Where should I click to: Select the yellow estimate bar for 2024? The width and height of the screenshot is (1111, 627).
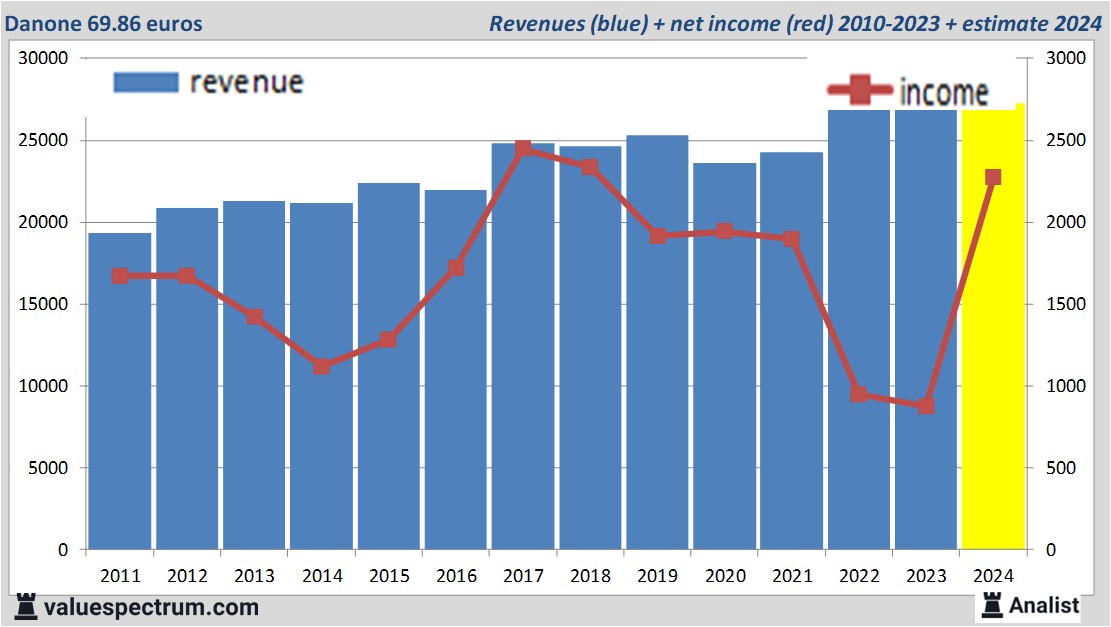point(992,400)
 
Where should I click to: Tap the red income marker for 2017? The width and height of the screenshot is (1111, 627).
point(523,149)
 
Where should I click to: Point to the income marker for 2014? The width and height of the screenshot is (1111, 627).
point(322,367)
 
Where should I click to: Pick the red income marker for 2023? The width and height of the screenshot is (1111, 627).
point(926,406)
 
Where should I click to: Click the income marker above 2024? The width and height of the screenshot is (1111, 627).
point(993,177)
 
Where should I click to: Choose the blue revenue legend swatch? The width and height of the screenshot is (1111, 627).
point(146,82)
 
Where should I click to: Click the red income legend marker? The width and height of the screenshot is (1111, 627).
point(861,92)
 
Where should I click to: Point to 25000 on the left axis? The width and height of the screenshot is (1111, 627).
point(43,140)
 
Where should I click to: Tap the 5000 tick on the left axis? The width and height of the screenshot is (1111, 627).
point(47,468)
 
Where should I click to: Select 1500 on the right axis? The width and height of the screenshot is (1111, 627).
point(1064,304)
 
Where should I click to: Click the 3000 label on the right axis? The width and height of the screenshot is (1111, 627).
point(1064,58)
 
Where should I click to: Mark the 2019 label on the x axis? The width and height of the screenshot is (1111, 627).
point(657,576)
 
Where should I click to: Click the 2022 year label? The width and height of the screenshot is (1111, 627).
point(859,576)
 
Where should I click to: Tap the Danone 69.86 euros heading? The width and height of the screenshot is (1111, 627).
point(104,23)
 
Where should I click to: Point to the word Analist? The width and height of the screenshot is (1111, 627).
point(1044,605)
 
